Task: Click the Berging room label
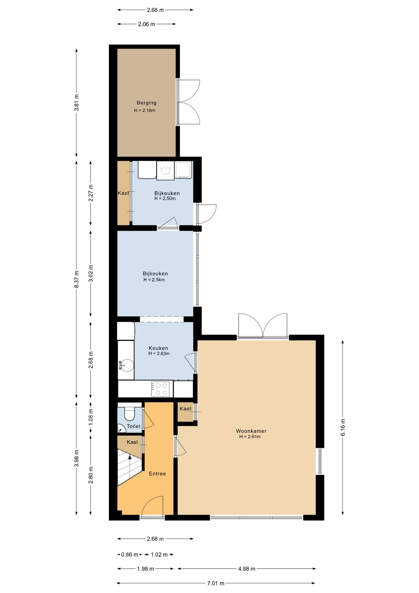[x=147, y=103]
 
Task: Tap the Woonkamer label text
[x=251, y=431]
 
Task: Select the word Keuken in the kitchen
[x=158, y=348]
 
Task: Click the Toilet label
[x=134, y=426]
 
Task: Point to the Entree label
[x=157, y=473]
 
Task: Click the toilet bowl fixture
[x=129, y=414]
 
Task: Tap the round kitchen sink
[x=127, y=365]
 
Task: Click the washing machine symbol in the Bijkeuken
[x=165, y=170]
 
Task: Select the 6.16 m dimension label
[x=343, y=427]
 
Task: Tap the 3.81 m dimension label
[x=77, y=103]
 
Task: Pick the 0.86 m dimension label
[x=130, y=554]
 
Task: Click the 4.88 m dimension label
[x=247, y=569]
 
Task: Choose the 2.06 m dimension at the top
[x=146, y=24]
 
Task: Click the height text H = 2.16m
[x=145, y=110]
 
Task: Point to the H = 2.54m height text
[x=154, y=280]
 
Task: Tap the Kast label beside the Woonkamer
[x=185, y=409]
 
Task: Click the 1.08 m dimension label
[x=91, y=416]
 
